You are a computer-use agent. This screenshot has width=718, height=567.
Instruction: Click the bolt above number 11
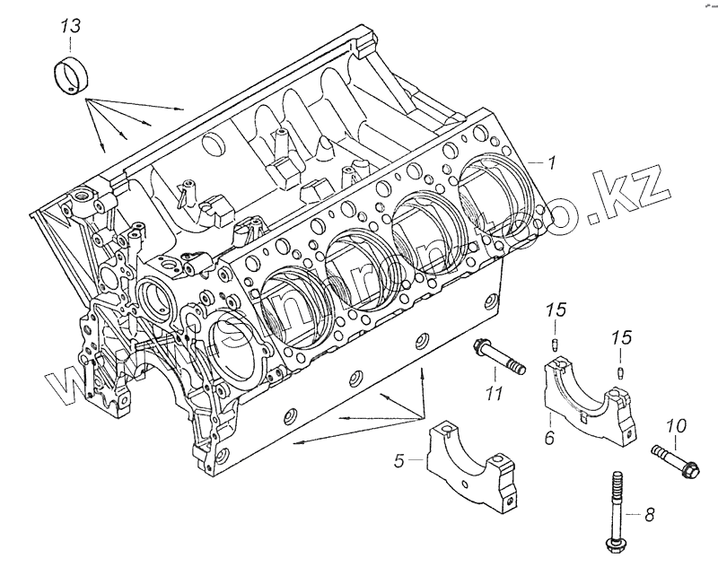pos(500,358)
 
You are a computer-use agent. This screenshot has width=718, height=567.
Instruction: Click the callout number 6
pos(549,438)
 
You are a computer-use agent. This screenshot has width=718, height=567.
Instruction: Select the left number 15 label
pos(556,310)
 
